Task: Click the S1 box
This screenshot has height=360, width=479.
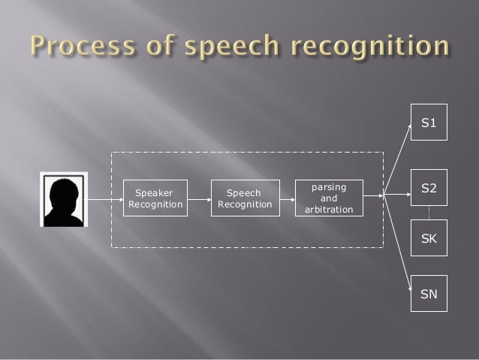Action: [429, 122]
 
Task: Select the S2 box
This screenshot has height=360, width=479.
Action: [429, 187]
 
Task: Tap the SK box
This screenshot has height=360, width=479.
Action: [429, 238]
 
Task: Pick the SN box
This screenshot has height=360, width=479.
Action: [429, 294]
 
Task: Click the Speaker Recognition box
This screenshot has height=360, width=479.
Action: [155, 198]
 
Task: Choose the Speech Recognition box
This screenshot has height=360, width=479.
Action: [244, 198]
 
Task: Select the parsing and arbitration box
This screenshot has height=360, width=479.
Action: [329, 198]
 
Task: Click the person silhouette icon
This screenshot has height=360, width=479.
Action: [63, 199]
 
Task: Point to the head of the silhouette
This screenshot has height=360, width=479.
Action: [63, 188]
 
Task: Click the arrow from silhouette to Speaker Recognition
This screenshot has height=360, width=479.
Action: [105, 200]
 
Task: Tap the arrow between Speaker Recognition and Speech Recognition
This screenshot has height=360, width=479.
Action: [198, 200]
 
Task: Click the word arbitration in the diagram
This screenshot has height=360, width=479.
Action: [329, 210]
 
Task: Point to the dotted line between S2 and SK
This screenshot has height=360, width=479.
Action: [429, 213]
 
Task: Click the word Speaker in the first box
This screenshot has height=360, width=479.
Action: [153, 193]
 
